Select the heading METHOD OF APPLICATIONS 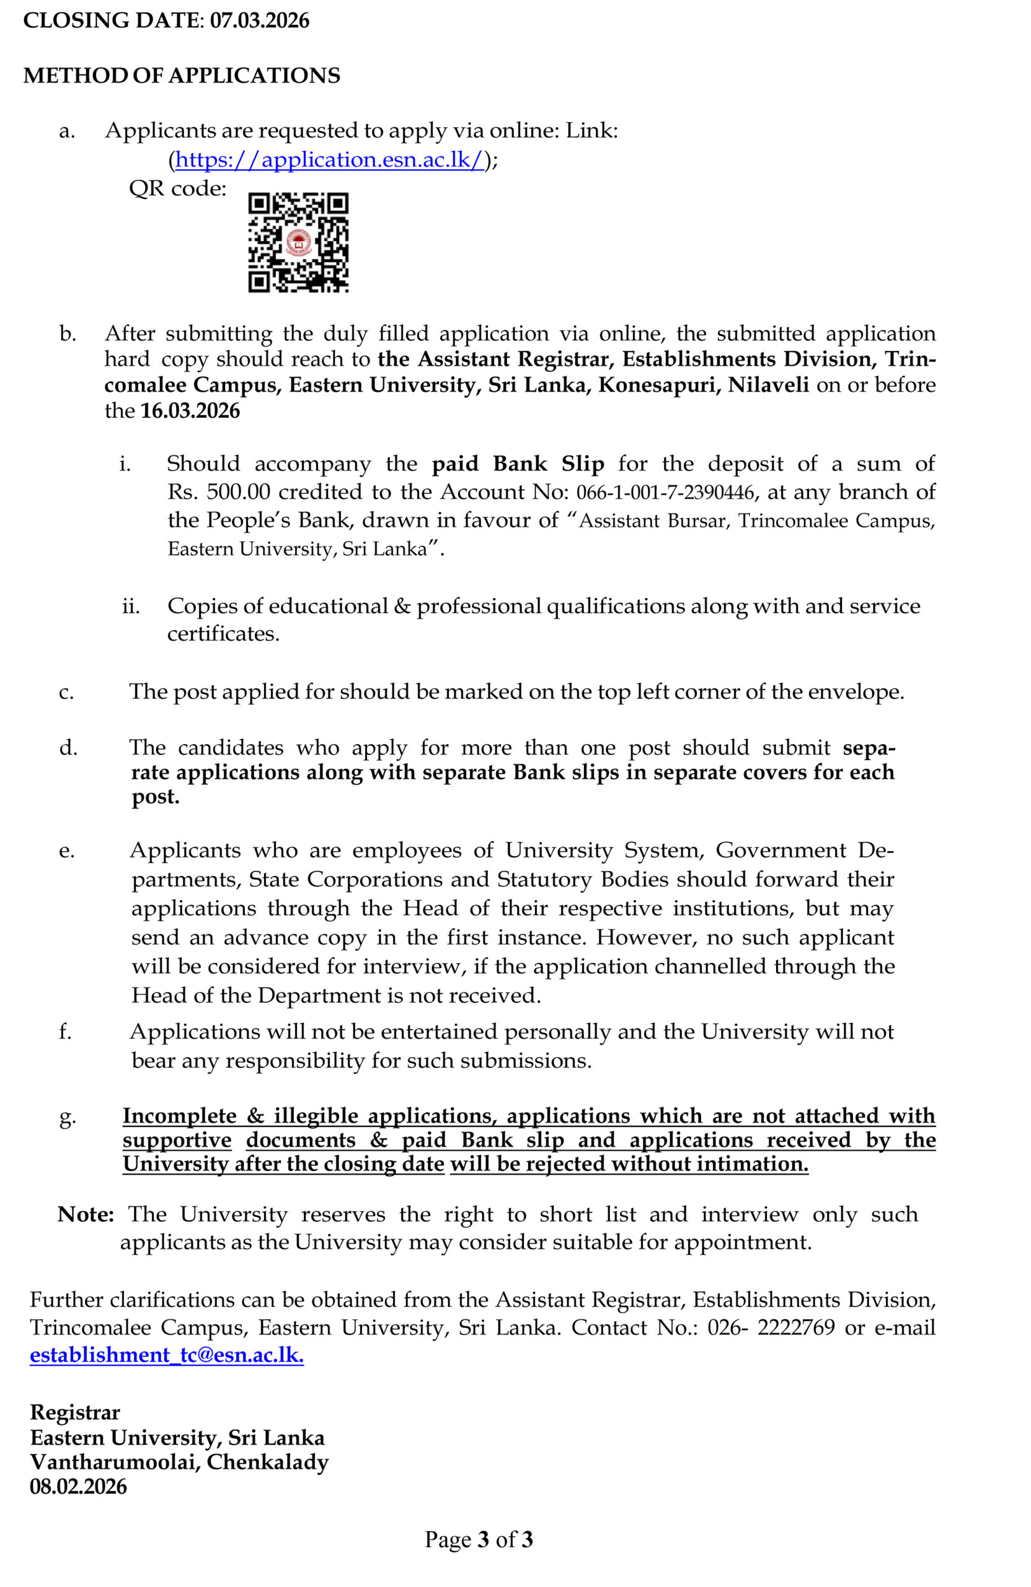182,76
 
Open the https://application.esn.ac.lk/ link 329,159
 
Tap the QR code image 298,243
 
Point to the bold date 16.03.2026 190,411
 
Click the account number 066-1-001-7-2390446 665,493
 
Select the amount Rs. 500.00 219,492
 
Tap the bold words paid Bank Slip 518,464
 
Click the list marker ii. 131,606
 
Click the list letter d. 68,748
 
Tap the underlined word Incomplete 179,1116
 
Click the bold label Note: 86,1214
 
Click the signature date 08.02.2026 78,1487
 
